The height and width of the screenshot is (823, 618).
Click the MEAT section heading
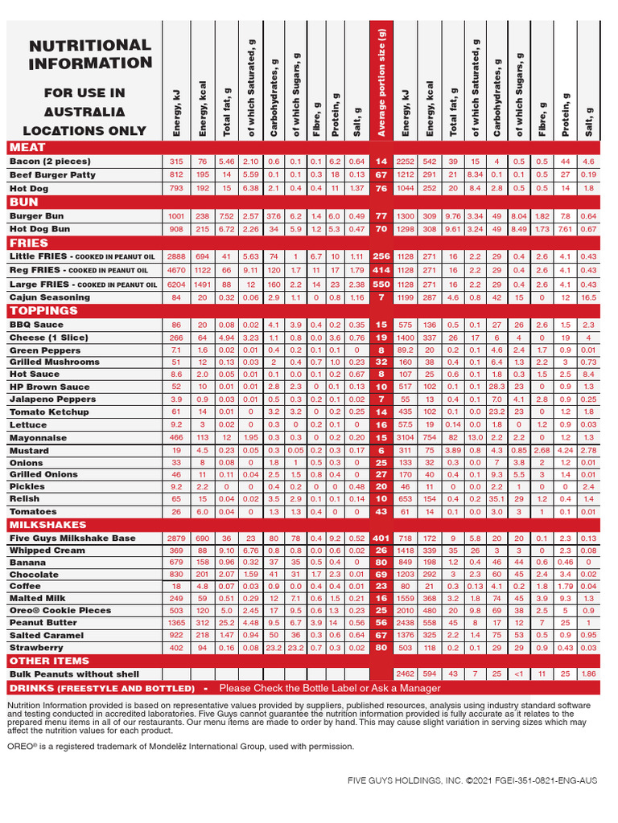pos(27,147)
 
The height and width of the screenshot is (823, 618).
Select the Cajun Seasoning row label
pos(49,297)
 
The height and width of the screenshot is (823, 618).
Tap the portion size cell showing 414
pos(381,271)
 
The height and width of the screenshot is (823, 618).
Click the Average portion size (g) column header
pos(381,80)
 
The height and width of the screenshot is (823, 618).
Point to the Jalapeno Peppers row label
pos(52,399)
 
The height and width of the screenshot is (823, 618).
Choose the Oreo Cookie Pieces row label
pos(60,610)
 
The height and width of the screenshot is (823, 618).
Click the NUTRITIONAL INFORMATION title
pos(90,55)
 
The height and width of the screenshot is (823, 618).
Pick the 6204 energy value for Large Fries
pos(177,285)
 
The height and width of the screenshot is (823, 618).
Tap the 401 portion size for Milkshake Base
pos(381,538)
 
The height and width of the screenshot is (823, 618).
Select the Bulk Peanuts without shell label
pos(74,674)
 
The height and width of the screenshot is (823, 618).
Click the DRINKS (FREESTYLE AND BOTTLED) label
pos(102,688)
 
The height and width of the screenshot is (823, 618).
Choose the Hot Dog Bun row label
pos(39,229)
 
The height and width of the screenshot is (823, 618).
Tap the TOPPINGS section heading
pos(43,310)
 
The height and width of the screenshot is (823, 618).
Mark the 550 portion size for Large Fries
pos(381,285)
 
